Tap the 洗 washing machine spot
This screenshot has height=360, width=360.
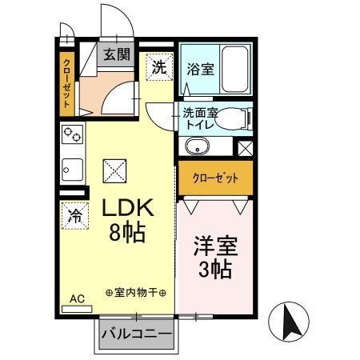pyautogui.click(x=158, y=67)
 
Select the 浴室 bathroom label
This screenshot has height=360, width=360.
pyautogui.click(x=199, y=68)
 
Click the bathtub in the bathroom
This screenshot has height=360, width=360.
pyautogui.click(x=234, y=70)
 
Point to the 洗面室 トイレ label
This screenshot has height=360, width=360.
pyautogui.click(x=200, y=119)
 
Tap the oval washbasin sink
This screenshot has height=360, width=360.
pyautogui.click(x=195, y=147)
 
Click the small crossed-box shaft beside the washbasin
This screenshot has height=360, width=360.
pyautogui.click(x=246, y=147)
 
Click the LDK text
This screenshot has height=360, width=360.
pyautogui.click(x=126, y=210)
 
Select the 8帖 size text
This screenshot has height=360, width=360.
pyautogui.click(x=126, y=235)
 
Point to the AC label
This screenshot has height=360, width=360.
pyautogui.click(x=77, y=299)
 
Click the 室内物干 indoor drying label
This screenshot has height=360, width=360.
pyautogui.click(x=135, y=293)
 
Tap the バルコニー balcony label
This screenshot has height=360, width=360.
pyautogui.click(x=136, y=334)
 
